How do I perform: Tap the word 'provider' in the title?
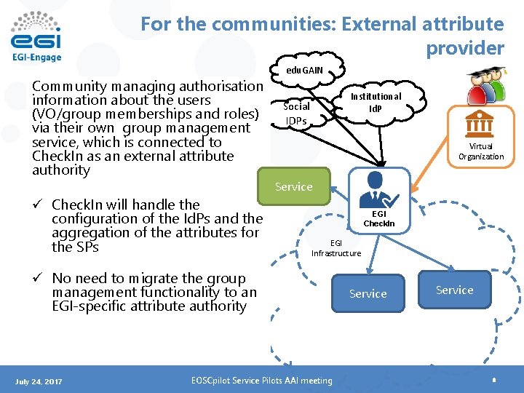coord(465,48)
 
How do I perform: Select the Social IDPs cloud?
coord(296,113)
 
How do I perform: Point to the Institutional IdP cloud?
coord(376,102)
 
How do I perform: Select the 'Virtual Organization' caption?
coord(481,151)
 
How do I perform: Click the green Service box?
coord(294,187)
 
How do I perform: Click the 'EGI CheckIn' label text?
coord(378,218)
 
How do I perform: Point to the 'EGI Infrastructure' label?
coord(336,248)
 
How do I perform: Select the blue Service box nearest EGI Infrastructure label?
coord(368,293)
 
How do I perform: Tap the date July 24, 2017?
coord(39,381)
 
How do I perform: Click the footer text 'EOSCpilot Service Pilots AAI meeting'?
coord(261,380)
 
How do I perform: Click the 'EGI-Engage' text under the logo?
coord(36,57)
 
